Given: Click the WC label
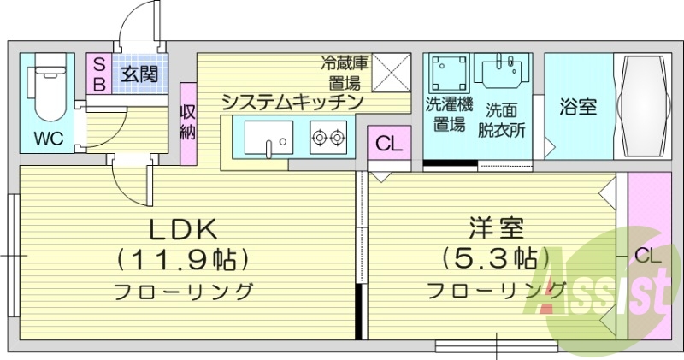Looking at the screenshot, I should coord(49,139).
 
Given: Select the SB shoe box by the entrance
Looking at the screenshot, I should coord(98,74).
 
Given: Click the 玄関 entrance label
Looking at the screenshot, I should coord(139,74).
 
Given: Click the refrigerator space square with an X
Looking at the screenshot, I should coord(390,73).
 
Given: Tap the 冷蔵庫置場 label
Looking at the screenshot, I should coord(345,73).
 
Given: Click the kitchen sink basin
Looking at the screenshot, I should coord(268,138).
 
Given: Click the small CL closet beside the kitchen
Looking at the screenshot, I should coord(388,144).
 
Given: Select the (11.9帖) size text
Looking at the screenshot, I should coord(186,257).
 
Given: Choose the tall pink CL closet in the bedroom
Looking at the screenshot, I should coord(647,255).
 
